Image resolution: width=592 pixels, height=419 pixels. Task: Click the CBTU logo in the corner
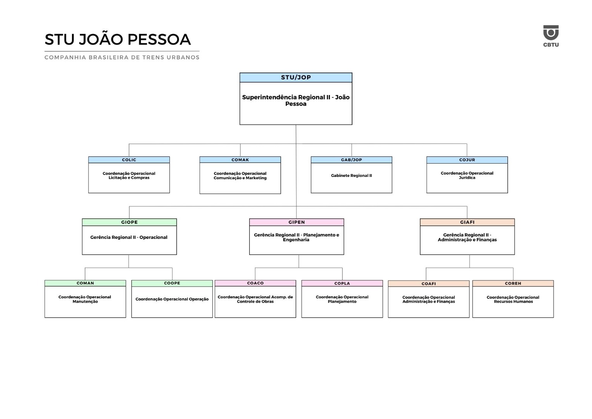(551, 35)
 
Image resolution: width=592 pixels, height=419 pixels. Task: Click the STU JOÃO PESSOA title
(117, 40)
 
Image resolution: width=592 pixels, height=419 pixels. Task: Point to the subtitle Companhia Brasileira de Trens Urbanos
(122, 57)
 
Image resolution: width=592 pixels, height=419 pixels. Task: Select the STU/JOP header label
(296, 78)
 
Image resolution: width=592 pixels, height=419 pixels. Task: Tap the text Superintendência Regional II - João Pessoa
(296, 100)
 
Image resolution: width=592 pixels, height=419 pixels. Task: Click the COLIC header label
(129, 160)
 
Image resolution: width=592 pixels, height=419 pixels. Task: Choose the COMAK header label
(240, 160)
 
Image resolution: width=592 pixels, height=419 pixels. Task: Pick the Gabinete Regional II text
(351, 176)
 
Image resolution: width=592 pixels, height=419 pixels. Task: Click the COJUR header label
(467, 160)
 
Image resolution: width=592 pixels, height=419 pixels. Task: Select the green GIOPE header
(129, 222)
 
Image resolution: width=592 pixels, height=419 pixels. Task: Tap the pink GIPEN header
(297, 222)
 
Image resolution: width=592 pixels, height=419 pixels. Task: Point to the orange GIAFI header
(467, 222)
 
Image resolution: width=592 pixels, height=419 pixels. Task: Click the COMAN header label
(85, 283)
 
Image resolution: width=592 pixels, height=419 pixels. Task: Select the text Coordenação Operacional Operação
(172, 299)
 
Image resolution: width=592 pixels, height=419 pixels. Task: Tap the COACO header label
(255, 283)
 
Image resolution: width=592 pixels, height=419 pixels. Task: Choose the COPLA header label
(342, 284)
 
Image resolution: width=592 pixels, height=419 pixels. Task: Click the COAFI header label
(428, 284)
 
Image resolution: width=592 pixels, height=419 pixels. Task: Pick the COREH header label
(513, 284)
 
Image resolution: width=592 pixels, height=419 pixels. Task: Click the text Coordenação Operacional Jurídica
(467, 175)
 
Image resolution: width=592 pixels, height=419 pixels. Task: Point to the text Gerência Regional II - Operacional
(129, 237)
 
